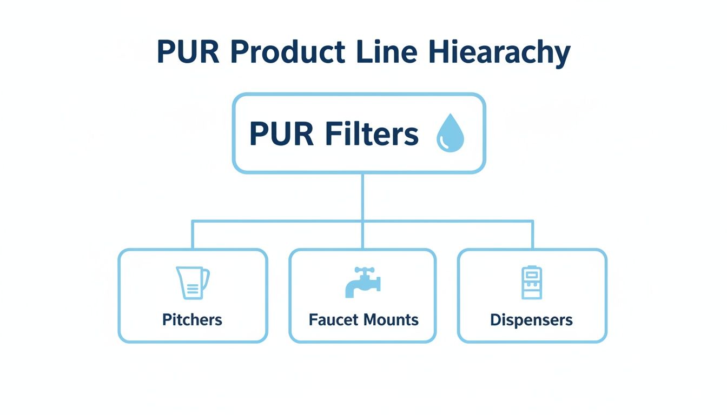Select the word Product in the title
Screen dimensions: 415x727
tap(287, 52)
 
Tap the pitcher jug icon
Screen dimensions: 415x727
tap(192, 283)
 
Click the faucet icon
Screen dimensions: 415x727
tap(362, 283)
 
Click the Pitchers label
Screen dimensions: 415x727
tap(192, 320)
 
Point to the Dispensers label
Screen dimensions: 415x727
tap(531, 320)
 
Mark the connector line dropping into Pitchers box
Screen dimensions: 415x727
tap(193, 235)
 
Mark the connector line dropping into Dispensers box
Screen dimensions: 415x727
tap(533, 235)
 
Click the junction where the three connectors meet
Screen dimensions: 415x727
tap(362, 220)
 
